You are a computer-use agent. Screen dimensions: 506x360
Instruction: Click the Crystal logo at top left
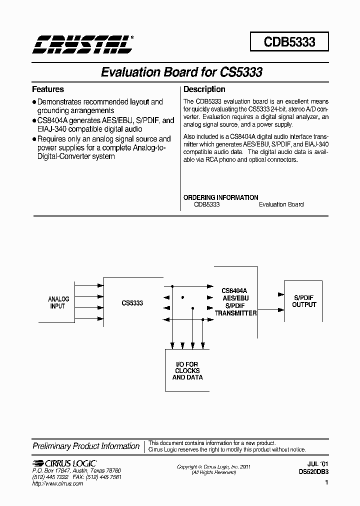pyautogui.click(x=83, y=44)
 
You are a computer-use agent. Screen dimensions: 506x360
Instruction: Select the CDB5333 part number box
pyautogui.click(x=289, y=41)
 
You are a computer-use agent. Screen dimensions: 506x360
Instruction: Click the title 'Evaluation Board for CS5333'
pyautogui.click(x=181, y=72)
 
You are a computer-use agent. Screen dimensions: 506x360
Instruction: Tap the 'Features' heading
pyautogui.click(x=48, y=89)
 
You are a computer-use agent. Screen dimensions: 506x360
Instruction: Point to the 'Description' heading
pyautogui.click(x=204, y=89)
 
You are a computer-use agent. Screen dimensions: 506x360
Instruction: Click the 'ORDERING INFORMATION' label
pyautogui.click(x=220, y=197)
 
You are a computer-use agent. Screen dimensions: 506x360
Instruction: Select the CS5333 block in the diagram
pyautogui.click(x=132, y=302)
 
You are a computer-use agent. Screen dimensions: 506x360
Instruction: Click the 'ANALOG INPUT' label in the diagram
pyautogui.click(x=58, y=302)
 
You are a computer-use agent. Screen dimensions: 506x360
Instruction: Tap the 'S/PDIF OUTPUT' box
pyautogui.click(x=304, y=301)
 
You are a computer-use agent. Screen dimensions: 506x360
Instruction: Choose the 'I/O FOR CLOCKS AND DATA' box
pyautogui.click(x=186, y=370)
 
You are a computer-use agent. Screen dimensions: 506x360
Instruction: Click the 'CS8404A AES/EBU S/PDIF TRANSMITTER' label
pyautogui.click(x=235, y=301)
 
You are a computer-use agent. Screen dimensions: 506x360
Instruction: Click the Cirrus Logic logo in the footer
pyautogui.click(x=64, y=463)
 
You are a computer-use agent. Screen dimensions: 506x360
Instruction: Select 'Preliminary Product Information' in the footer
pyautogui.click(x=86, y=446)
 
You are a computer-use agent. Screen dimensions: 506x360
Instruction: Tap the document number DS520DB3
pyautogui.click(x=313, y=470)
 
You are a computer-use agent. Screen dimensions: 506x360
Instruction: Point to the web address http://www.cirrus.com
pyautogui.click(x=57, y=484)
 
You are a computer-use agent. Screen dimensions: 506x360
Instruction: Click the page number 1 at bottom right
pyautogui.click(x=326, y=483)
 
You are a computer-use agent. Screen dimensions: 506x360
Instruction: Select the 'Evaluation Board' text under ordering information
pyautogui.click(x=281, y=204)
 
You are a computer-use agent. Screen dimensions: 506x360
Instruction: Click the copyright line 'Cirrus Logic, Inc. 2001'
pyautogui.click(x=213, y=466)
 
